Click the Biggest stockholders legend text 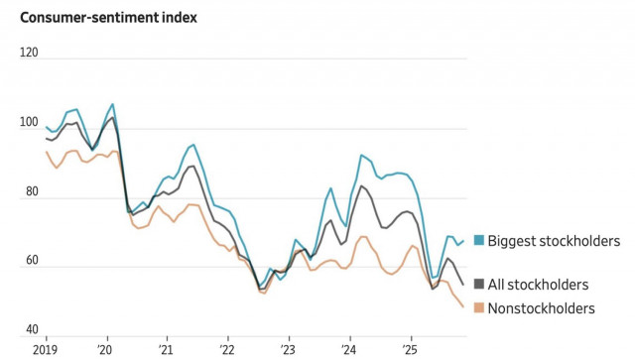[x=554, y=241]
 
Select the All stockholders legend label [x=537, y=285]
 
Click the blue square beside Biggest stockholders [x=478, y=241]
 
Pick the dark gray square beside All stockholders [x=478, y=285]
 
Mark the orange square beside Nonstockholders [x=478, y=308]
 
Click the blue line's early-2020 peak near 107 [x=112, y=104]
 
